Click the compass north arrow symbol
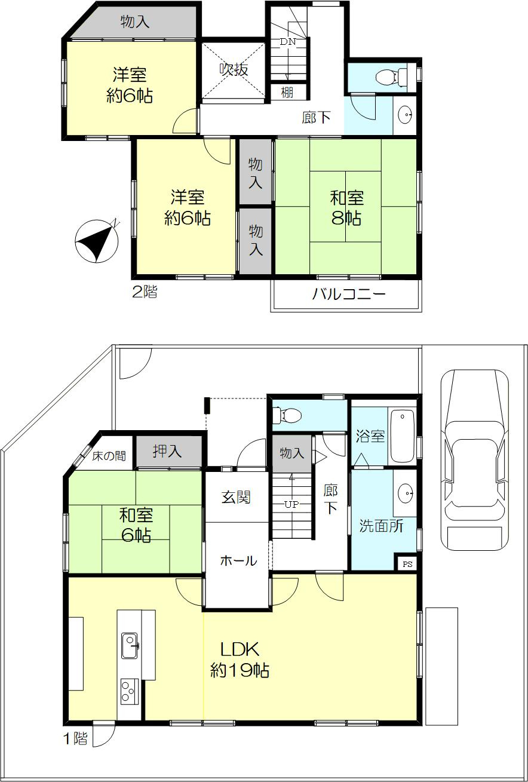(97, 241)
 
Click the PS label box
(407, 564)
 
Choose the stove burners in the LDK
(130, 691)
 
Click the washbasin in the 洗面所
(406, 493)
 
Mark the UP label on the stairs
(291, 504)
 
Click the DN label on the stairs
(288, 42)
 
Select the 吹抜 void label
(234, 69)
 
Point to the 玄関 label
(237, 497)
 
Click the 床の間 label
(109, 456)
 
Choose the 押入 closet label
(167, 452)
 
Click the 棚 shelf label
(287, 93)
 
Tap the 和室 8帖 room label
(346, 208)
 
